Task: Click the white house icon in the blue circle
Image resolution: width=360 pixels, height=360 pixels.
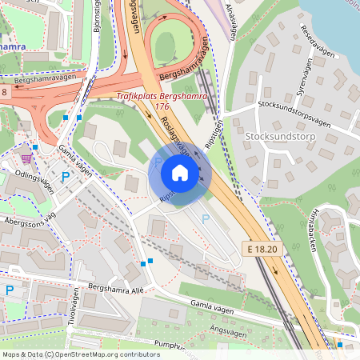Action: tap(180, 172)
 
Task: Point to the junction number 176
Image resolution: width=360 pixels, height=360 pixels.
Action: tap(162, 106)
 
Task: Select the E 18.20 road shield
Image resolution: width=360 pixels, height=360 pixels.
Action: tap(262, 250)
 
